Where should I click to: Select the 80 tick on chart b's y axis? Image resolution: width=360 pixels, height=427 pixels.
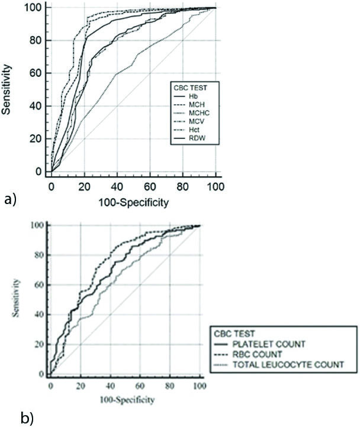38,255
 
